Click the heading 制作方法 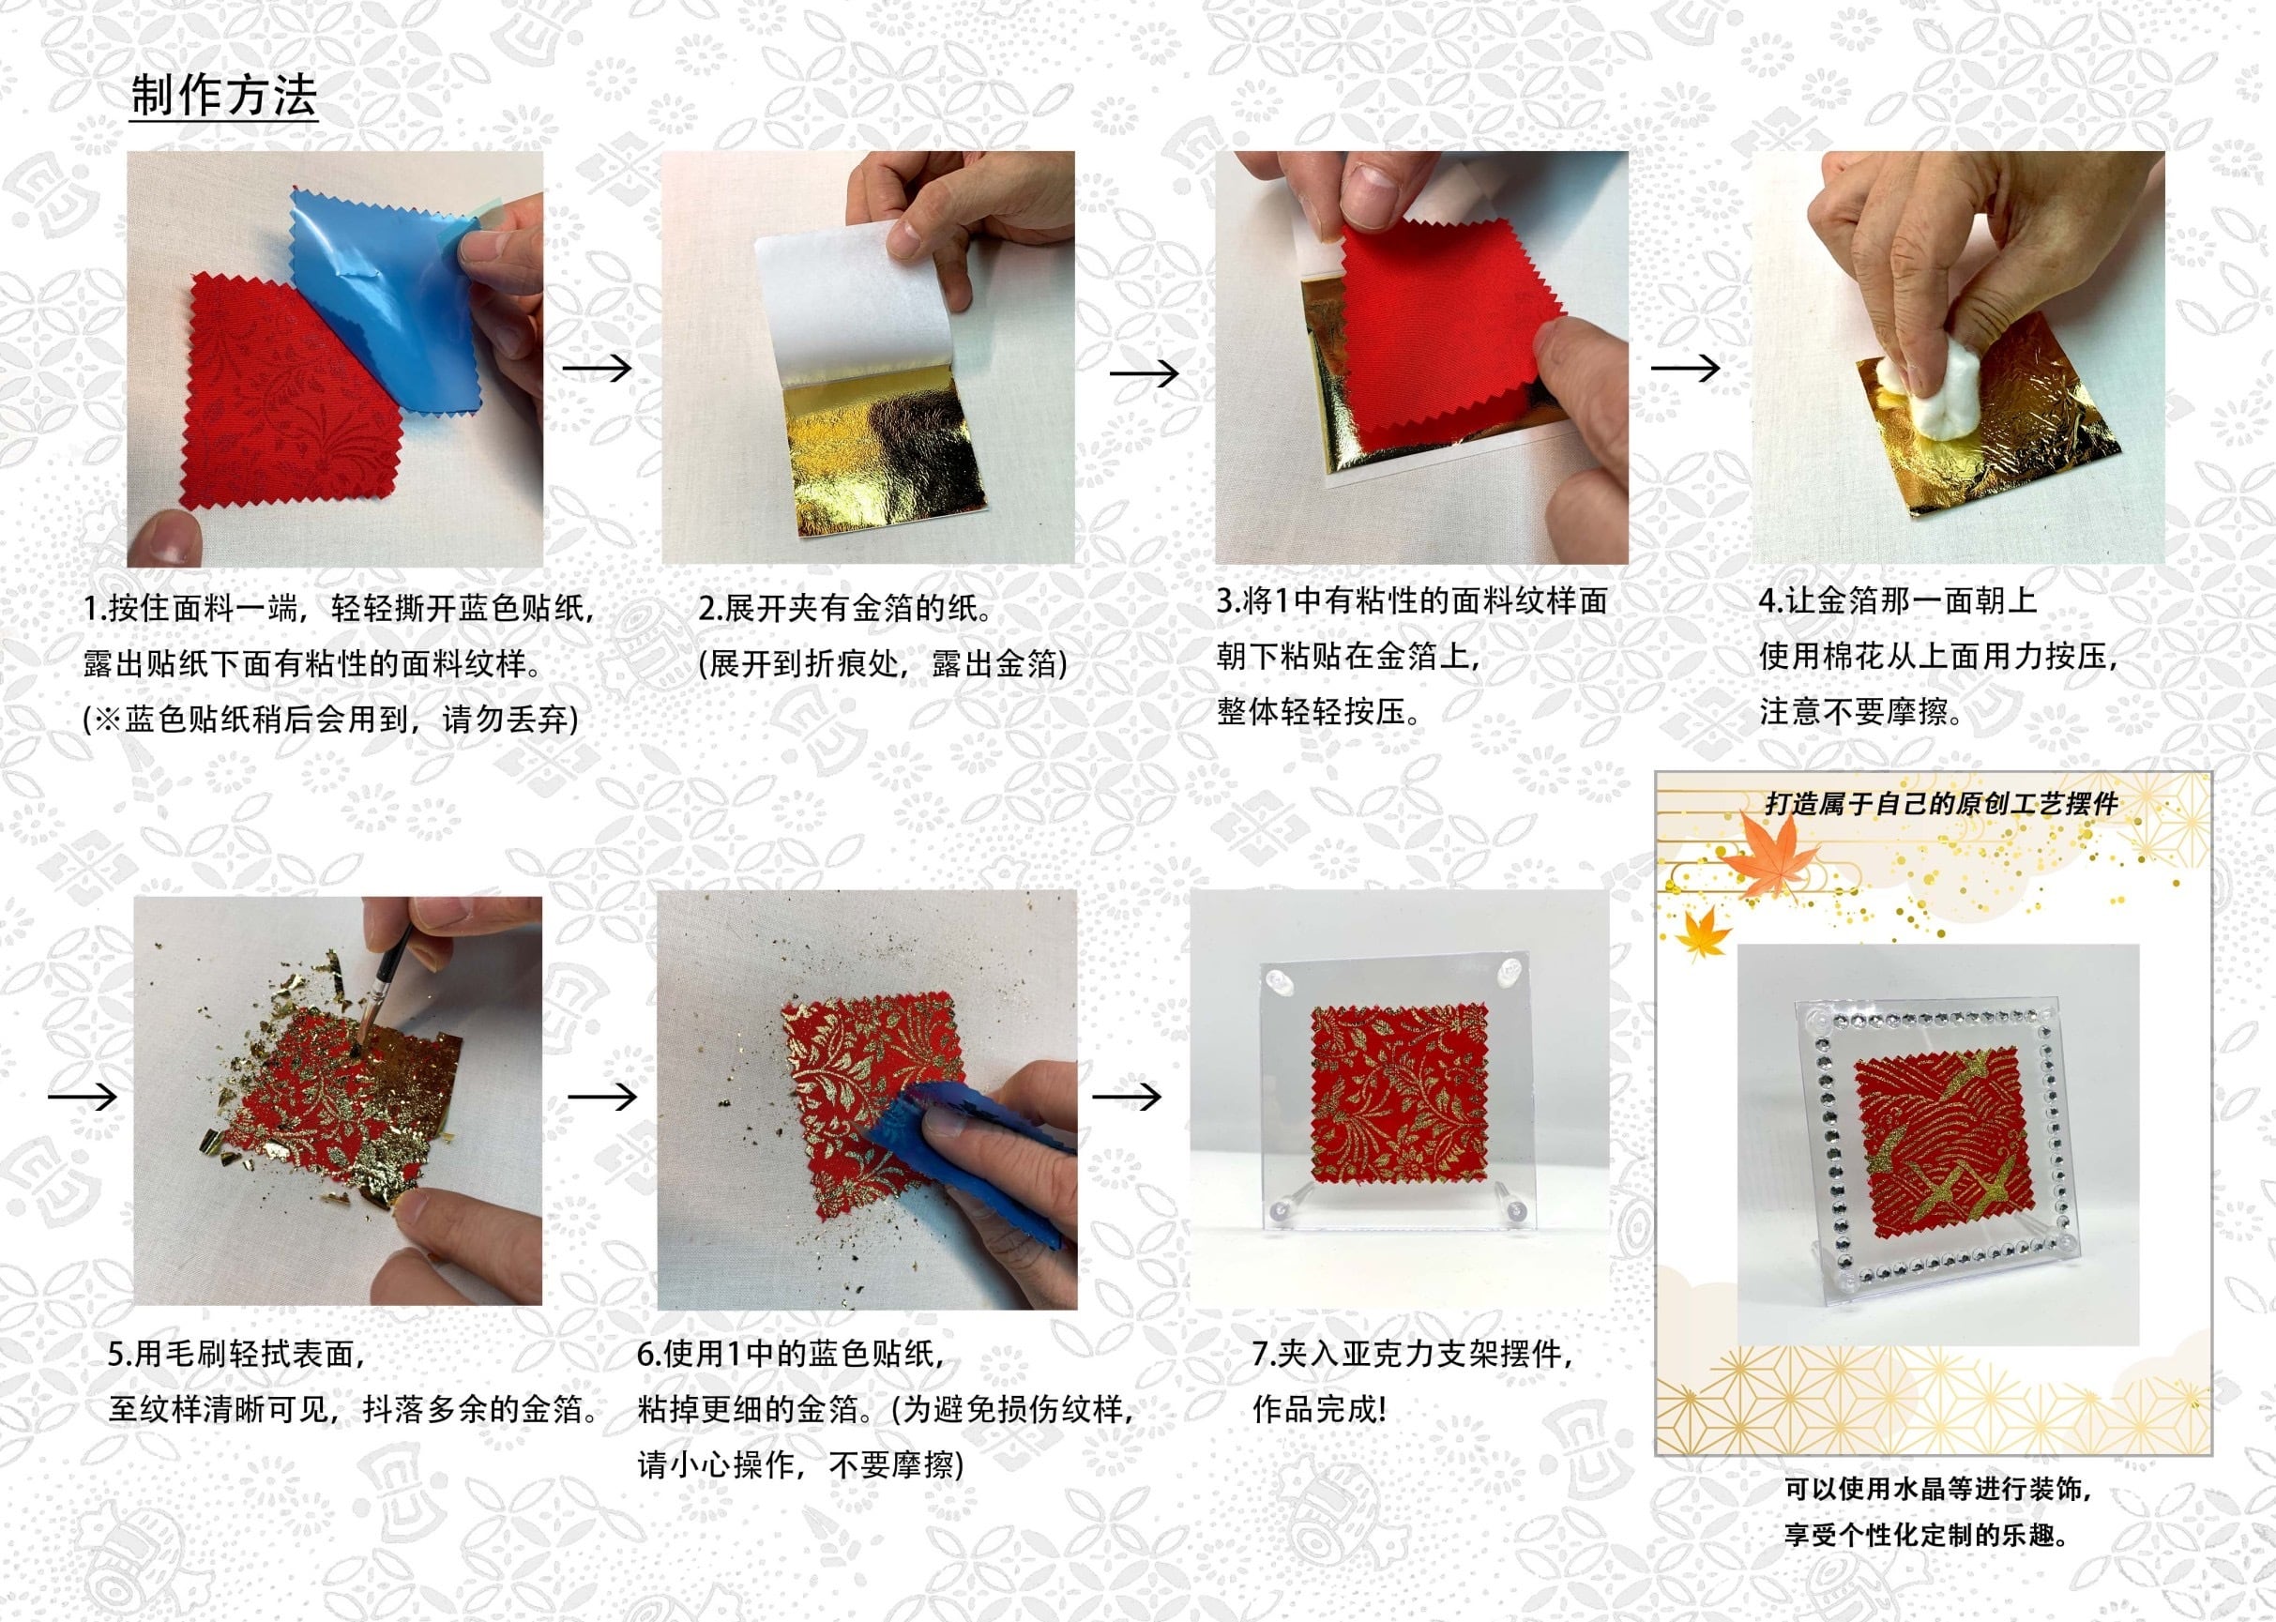click(223, 96)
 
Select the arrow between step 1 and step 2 click(598, 368)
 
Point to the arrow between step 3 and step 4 click(1685, 368)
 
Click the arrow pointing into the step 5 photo click(83, 1097)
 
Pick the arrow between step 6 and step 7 click(1127, 1097)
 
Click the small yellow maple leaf click(1702, 932)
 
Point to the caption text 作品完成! click(1319, 1409)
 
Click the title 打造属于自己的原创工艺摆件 click(1940, 804)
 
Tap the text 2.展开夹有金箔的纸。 click(846, 608)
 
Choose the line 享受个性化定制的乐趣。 click(1926, 1534)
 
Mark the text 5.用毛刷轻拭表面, click(237, 1354)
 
